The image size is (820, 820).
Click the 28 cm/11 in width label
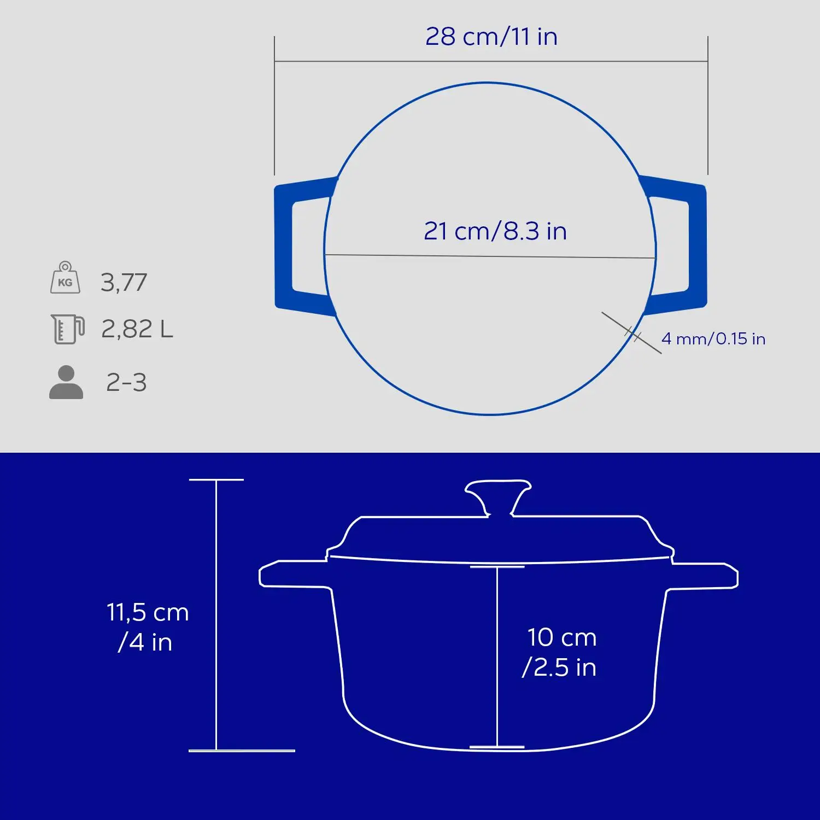[491, 37]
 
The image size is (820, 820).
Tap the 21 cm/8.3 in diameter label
[495, 231]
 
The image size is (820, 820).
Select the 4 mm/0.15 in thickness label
[713, 339]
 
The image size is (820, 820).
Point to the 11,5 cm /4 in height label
[147, 627]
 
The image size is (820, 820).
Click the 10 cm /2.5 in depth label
[560, 652]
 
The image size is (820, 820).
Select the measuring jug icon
[67, 329]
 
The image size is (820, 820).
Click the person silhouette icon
[66, 382]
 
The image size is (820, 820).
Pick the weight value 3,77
[124, 283]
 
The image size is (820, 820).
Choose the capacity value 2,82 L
[137, 329]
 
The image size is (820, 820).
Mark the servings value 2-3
[126, 383]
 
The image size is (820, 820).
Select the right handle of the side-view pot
[705, 575]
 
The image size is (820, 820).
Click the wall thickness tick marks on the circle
[632, 333]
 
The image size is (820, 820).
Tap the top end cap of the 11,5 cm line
[216, 480]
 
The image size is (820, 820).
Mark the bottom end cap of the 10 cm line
[497, 747]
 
